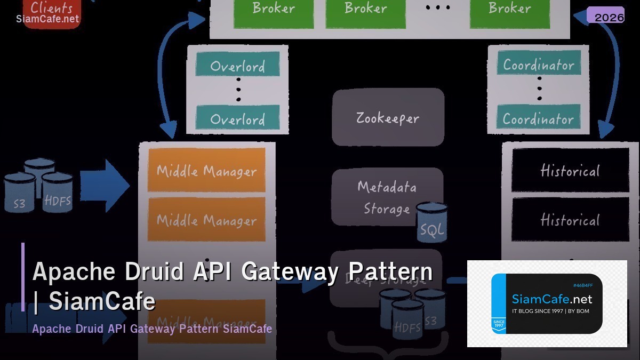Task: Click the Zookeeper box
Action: coord(388,117)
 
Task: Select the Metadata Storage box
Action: coord(387,196)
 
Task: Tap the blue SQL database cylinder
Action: coord(431,223)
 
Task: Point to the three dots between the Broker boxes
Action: coord(438,7)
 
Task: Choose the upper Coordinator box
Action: coord(539,64)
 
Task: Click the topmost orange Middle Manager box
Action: coord(206,170)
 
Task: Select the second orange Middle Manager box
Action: coord(206,219)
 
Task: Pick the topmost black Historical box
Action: coord(570,170)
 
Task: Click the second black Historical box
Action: coord(570,219)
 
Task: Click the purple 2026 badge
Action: coord(605,15)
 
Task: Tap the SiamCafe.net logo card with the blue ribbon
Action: coord(547,304)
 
